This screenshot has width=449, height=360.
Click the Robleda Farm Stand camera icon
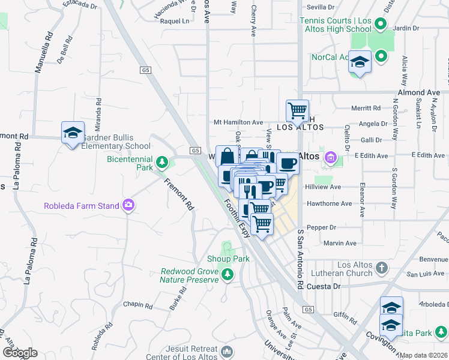pos(128,206)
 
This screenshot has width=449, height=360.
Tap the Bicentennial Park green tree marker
pos(161,162)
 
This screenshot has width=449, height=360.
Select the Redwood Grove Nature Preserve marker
pos(227,275)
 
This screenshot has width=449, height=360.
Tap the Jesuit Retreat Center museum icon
pos(226,351)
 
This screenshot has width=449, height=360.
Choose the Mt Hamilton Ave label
pos(238,122)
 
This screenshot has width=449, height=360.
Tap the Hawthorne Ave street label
pos(329,203)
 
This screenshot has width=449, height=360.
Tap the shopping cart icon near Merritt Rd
pos(297,111)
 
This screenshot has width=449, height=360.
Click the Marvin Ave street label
pos(340,243)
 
